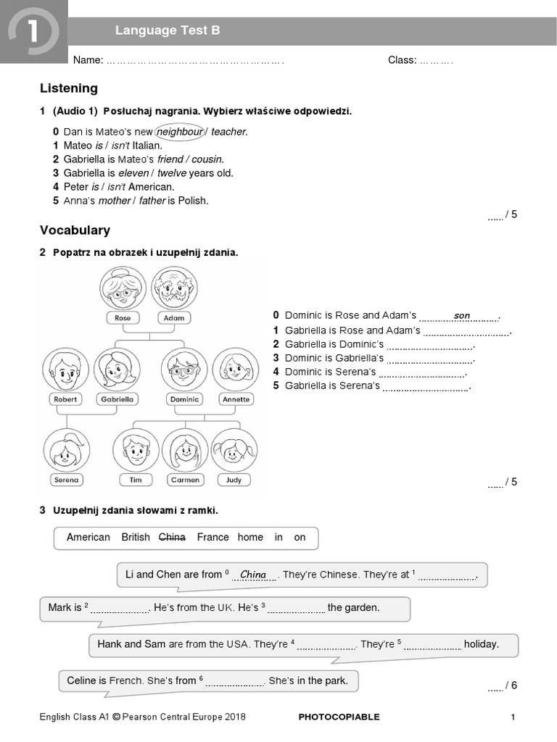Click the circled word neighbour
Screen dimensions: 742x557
tap(180, 132)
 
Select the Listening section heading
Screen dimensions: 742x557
tap(69, 88)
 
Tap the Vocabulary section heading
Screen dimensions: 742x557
tap(75, 230)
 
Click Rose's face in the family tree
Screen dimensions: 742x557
tap(123, 288)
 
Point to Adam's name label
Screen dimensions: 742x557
tap(174, 317)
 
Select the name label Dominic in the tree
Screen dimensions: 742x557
tap(184, 399)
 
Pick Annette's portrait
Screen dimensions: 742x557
tap(236, 370)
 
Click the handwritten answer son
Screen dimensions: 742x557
tap(462, 316)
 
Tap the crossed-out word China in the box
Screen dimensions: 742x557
tap(172, 537)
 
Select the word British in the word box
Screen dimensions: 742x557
tap(136, 537)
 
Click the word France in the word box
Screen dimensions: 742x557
tap(213, 537)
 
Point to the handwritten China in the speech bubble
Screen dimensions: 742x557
tap(253, 575)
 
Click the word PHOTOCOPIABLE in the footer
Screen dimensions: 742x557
tap(339, 717)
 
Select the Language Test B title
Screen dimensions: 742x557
tap(168, 30)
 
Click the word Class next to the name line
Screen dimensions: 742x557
tap(402, 60)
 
